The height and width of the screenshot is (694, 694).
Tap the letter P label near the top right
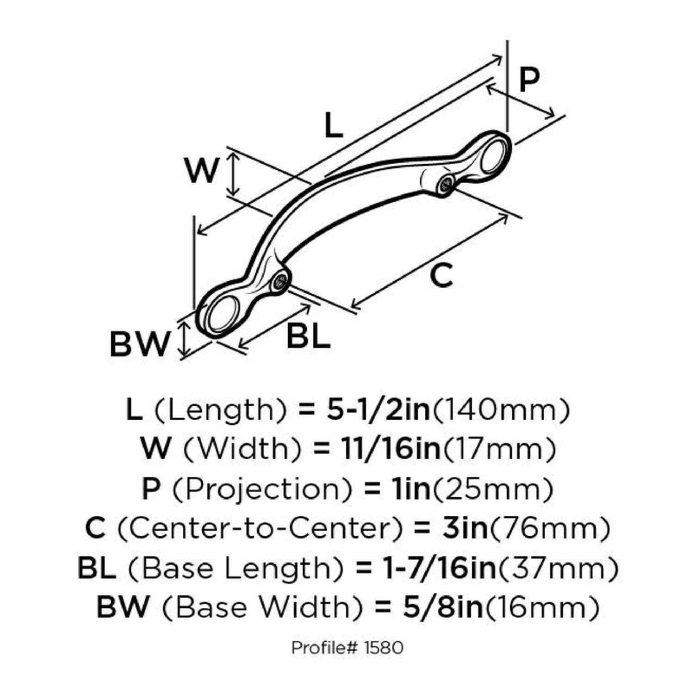coord(528,80)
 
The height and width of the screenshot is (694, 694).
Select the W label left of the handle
coord(202,170)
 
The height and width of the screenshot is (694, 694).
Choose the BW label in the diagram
coord(138,344)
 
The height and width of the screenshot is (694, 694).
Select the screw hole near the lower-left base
coord(280,280)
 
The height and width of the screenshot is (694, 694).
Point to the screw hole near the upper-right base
coord(446,184)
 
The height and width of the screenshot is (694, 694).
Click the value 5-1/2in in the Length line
coord(378,410)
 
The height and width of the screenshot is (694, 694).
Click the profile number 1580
coord(384,648)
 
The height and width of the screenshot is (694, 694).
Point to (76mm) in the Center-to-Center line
coord(549,528)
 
